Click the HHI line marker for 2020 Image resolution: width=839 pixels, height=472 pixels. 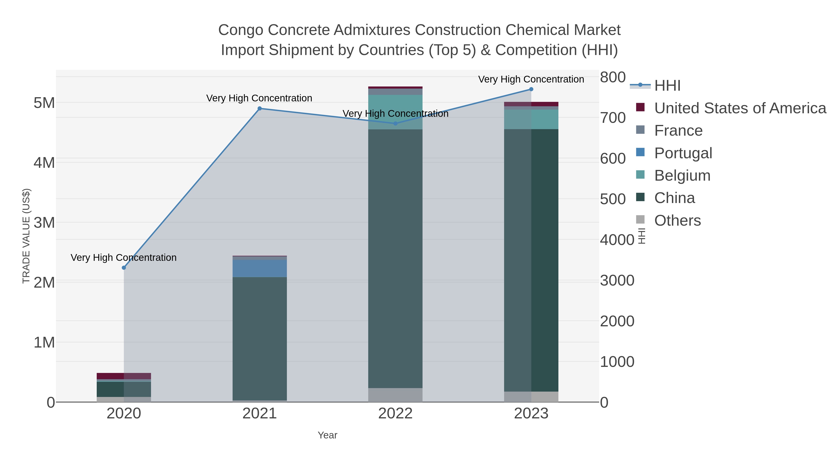[x=124, y=268]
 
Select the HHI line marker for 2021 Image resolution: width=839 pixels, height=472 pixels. [x=260, y=108]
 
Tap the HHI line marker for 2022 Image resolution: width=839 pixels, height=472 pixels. [x=395, y=124]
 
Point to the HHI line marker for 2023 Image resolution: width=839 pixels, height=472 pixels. [x=531, y=89]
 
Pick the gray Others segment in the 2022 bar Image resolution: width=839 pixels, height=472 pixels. [x=395, y=395]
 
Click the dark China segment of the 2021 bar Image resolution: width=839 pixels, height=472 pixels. [x=260, y=339]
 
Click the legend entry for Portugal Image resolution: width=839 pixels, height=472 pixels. [x=683, y=153]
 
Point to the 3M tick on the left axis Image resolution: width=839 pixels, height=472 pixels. [x=44, y=223]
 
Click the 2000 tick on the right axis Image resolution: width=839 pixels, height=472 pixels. [x=617, y=321]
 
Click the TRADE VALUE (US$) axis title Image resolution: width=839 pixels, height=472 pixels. [x=26, y=236]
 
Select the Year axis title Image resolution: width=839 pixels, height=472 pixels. [x=327, y=435]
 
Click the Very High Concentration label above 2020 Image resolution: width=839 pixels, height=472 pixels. [x=124, y=258]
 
